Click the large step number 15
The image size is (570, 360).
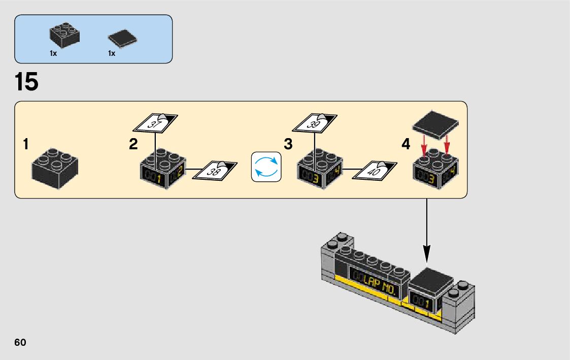(27, 82)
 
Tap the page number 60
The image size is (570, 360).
(20, 342)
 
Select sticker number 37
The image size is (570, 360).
(155, 123)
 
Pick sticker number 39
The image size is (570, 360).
(315, 123)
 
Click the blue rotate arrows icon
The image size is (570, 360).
(266, 166)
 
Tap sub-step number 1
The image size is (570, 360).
(25, 145)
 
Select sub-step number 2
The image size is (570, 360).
(133, 145)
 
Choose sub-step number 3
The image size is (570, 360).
(288, 145)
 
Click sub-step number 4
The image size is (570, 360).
(406, 145)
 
